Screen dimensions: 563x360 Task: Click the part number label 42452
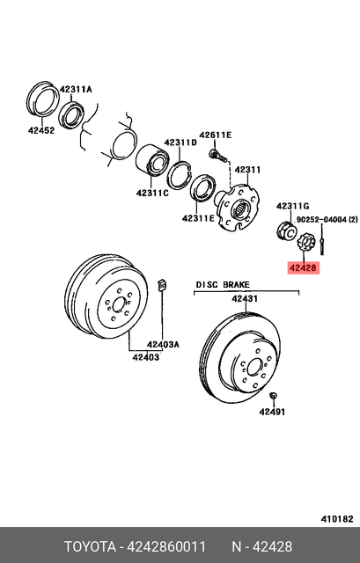tap(40, 130)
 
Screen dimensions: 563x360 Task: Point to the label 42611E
tap(215, 135)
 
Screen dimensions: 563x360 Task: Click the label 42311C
tap(153, 193)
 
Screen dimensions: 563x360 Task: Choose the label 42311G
tap(293, 206)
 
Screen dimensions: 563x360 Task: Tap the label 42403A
tap(163, 344)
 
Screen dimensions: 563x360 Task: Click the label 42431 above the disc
tap(245, 299)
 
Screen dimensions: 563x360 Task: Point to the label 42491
tap(272, 411)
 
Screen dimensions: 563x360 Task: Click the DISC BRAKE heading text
tap(223, 285)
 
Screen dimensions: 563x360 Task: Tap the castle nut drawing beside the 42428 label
tap(308, 241)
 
